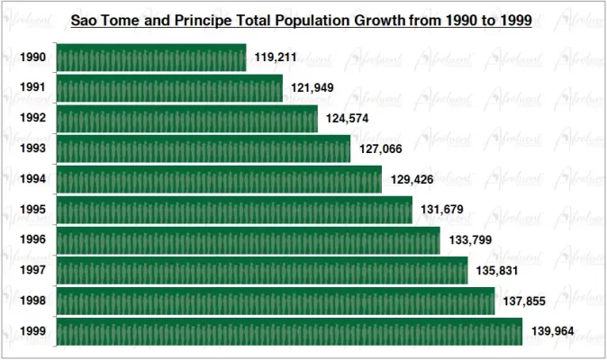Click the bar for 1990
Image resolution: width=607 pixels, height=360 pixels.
[x=151, y=58]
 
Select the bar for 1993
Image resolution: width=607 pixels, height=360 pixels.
[x=204, y=149]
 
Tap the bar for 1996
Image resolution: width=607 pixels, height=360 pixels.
[x=249, y=240]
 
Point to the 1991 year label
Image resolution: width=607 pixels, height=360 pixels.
[x=33, y=88]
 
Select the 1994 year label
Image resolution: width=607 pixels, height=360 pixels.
[x=33, y=179]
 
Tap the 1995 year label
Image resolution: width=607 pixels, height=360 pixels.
[x=33, y=210]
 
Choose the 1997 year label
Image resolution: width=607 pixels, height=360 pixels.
[x=33, y=271]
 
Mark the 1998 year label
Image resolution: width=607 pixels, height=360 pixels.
[x=33, y=301]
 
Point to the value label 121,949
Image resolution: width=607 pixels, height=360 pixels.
[x=313, y=88]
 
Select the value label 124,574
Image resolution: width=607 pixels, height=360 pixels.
[x=348, y=119]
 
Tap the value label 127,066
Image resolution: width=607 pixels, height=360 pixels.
[x=380, y=149]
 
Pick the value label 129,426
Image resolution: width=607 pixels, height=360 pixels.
[x=412, y=180]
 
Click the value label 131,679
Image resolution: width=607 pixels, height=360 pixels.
[x=441, y=211]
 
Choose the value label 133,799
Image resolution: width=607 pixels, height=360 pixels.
[x=469, y=241]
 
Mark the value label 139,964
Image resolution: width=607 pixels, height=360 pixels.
[x=552, y=332]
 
